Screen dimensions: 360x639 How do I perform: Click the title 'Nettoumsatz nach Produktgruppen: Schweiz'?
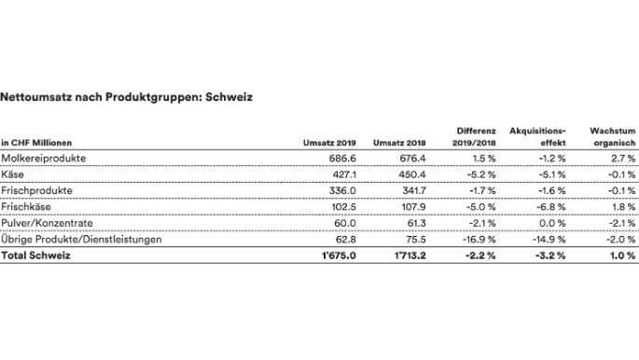[x=127, y=96]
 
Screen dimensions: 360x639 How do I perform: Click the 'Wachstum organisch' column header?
[x=613, y=137]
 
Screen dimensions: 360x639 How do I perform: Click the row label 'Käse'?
[x=13, y=174]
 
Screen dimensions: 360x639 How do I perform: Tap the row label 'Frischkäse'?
[x=27, y=206]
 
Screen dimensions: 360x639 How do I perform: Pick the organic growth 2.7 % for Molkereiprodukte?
[x=623, y=159]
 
